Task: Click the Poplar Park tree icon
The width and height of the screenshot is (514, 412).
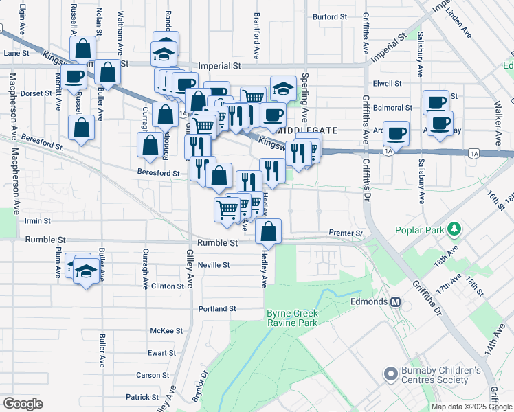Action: pos(453,228)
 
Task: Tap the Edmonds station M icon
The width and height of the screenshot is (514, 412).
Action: pos(395,301)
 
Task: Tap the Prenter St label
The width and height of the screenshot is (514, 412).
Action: pos(346,233)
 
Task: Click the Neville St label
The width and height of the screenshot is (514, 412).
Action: pos(214,264)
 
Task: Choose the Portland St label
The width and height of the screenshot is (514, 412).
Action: pos(216,309)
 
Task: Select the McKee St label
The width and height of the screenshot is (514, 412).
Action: pos(166,330)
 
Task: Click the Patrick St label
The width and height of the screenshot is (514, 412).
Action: pos(142,397)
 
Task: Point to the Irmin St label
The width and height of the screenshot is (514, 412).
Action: pos(38,221)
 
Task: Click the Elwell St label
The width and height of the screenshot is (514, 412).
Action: pos(387,83)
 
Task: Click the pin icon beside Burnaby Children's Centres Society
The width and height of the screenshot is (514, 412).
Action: pos(391,375)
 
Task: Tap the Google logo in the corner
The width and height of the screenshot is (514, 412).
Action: pos(23,404)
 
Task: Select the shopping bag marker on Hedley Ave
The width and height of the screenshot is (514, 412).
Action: pos(269,232)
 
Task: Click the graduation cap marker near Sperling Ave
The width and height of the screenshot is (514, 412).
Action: pos(283,89)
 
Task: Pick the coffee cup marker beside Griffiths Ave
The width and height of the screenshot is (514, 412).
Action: pos(396,133)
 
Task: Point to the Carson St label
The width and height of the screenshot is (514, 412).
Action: pos(152,375)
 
